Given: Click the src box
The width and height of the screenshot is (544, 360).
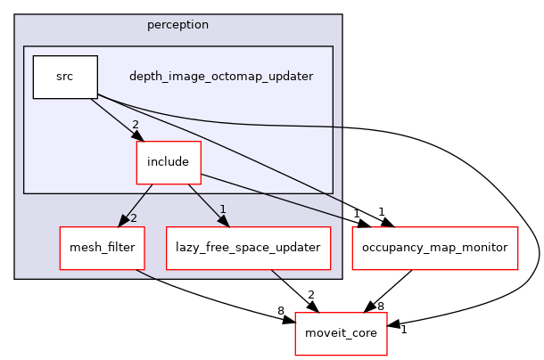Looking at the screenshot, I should click(65, 77).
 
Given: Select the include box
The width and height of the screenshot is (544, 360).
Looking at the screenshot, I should click(168, 161).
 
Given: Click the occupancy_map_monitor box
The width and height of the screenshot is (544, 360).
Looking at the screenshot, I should click(436, 247).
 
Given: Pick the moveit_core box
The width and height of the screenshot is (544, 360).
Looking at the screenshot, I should click(341, 332).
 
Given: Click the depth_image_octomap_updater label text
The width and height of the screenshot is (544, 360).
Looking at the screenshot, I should click(221, 77).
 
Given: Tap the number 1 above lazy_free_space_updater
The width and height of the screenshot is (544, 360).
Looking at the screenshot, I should click(223, 210).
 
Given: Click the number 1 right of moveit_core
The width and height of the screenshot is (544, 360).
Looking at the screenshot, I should click(403, 329).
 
